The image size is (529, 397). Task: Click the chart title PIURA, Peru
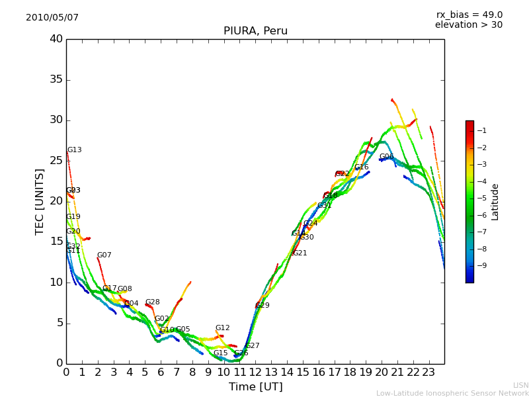tap(255, 31)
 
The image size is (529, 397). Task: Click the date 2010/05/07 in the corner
tap(52, 18)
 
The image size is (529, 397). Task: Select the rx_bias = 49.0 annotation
tap(469, 15)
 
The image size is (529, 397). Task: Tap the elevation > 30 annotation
tap(469, 25)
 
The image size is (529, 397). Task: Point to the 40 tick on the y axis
tap(56, 39)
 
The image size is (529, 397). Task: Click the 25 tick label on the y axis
tap(56, 161)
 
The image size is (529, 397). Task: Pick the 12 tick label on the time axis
tap(255, 372)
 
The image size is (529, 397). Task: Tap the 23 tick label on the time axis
tap(428, 372)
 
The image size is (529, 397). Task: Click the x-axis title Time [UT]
tap(255, 387)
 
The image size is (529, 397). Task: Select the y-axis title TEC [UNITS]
tap(40, 201)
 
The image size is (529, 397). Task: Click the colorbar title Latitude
tap(495, 202)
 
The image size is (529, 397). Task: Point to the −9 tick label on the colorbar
tap(481, 266)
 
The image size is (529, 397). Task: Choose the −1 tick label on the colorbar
tap(481, 131)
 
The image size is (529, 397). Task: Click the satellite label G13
tap(75, 150)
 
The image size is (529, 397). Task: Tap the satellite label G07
tap(104, 255)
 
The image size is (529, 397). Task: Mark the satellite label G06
tap(386, 157)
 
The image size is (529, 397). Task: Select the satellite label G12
tap(223, 328)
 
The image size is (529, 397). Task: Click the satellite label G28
tap(153, 302)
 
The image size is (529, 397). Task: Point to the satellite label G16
tap(362, 167)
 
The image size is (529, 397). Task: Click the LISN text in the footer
tap(521, 385)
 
